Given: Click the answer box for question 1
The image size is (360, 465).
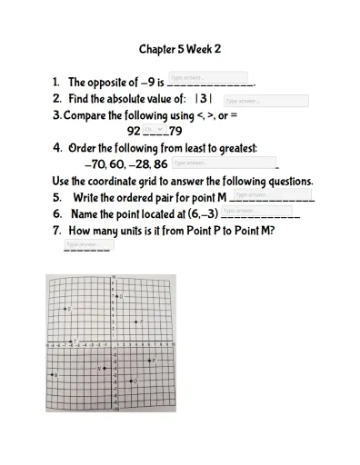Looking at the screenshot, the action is click(x=208, y=78).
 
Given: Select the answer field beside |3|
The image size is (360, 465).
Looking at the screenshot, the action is click(x=265, y=101).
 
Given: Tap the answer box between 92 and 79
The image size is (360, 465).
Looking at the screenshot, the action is click(x=155, y=129).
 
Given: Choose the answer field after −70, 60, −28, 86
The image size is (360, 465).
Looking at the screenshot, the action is click(x=223, y=163).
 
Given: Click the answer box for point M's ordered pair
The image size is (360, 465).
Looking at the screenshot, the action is click(x=275, y=194).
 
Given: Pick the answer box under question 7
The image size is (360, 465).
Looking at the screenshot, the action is click(x=88, y=244).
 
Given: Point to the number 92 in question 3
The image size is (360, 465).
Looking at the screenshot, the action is click(x=134, y=131).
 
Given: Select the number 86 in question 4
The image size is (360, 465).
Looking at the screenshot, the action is click(x=160, y=165).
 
